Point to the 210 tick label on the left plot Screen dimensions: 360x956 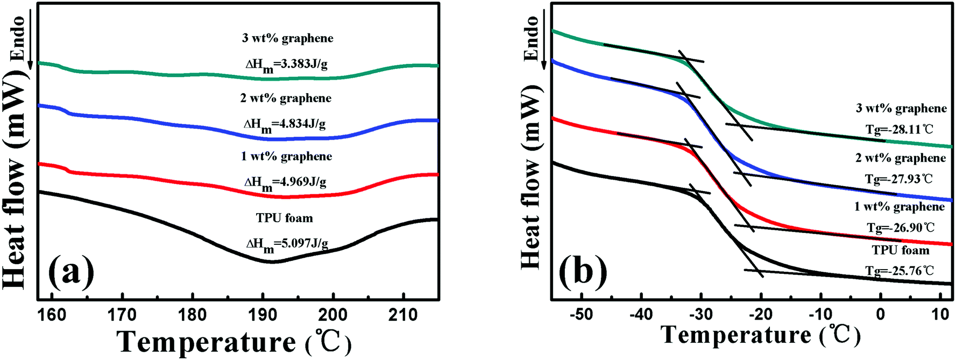403,315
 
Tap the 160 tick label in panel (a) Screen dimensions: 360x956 52,315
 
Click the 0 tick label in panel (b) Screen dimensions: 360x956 880,314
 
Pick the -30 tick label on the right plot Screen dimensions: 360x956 700,314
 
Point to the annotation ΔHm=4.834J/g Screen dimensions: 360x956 285,124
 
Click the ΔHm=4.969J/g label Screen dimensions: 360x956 285,182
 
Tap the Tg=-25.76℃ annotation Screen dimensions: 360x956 900,271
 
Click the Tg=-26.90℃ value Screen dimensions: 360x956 901,228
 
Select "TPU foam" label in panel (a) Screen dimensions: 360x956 284,218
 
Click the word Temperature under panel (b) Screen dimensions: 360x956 736,335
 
